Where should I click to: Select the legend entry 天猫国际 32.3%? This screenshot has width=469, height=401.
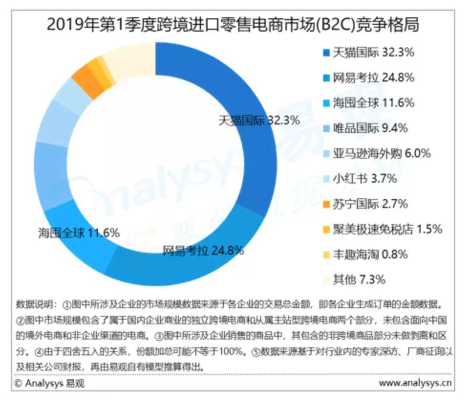click(368, 52)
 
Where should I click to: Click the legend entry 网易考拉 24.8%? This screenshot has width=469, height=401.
click(368, 78)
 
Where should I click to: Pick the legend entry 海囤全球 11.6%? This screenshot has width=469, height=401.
click(368, 103)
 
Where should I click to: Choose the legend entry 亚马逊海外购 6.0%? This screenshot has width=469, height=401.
click(377, 154)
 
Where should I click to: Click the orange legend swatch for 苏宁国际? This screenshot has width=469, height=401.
click(326, 204)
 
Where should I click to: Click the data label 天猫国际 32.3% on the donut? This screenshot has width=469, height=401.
click(259, 120)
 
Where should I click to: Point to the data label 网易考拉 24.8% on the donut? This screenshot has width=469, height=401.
click(203, 250)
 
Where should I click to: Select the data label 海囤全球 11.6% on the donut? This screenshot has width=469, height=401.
click(79, 234)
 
